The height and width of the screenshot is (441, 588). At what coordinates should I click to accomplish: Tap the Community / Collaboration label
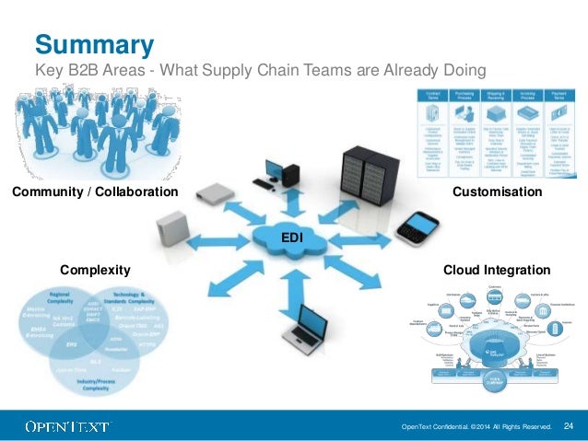point(93,192)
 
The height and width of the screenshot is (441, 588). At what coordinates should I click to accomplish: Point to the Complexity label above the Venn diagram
point(95,270)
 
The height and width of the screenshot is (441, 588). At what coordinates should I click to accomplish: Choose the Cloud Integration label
point(497,270)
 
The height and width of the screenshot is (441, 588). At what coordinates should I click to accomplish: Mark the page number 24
point(568,425)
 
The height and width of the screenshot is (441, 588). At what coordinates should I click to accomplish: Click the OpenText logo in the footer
point(68,426)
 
